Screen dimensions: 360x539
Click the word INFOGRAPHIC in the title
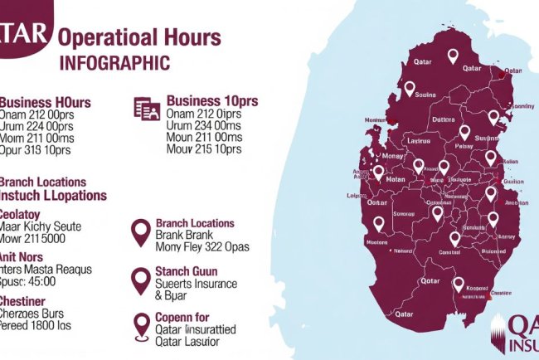click(x=115, y=63)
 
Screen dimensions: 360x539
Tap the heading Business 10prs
click(x=212, y=100)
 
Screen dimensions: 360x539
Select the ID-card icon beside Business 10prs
click(x=147, y=108)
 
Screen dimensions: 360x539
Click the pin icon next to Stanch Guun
click(x=141, y=281)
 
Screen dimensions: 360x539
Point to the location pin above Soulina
click(x=409, y=87)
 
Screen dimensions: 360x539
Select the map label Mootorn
click(x=376, y=243)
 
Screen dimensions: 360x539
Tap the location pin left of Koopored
click(x=458, y=285)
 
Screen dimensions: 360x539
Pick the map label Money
click(x=391, y=156)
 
